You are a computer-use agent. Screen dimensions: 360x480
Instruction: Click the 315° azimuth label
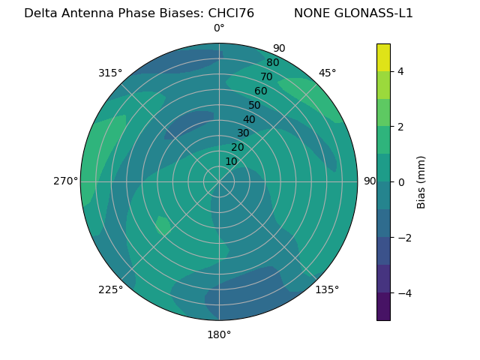tap(109, 73)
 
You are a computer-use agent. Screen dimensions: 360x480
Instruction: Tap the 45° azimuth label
tap(328, 73)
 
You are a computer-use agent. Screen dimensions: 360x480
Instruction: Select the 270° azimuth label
tap(66, 181)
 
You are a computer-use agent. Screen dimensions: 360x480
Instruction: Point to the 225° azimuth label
tap(110, 289)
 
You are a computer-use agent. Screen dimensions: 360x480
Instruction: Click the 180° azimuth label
tap(219, 334)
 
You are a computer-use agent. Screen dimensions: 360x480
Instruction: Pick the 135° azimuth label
tap(327, 289)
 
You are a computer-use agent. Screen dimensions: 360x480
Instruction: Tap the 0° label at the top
tap(219, 28)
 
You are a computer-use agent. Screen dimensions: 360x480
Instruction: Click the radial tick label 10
tap(231, 162)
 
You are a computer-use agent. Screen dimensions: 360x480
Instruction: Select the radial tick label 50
tap(254, 105)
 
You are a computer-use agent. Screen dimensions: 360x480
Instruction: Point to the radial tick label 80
tap(272, 62)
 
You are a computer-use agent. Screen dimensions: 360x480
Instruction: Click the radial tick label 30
tap(243, 133)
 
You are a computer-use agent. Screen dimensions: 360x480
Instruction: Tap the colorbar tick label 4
tap(401, 71)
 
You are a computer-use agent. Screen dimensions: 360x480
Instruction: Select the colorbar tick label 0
tap(401, 182)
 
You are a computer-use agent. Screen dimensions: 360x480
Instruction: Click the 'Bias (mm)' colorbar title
tap(421, 181)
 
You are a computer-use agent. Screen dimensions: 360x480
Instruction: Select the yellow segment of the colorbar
tap(383, 57)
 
